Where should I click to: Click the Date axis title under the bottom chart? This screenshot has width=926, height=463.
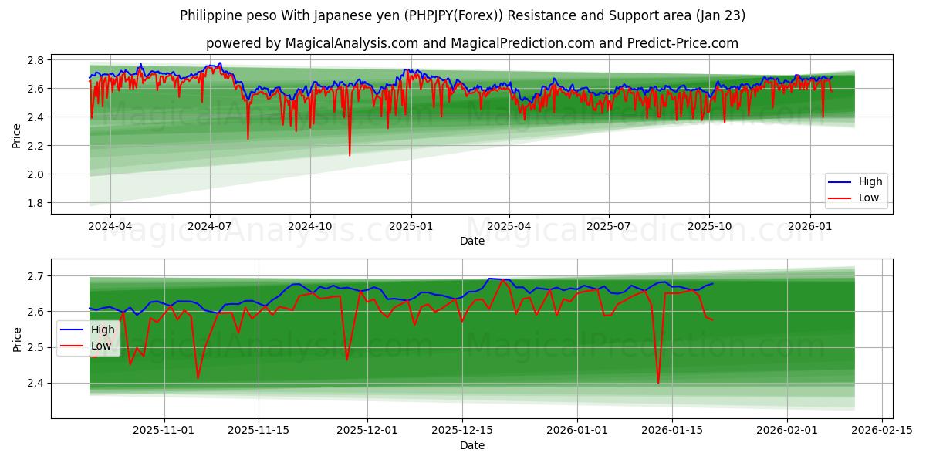point(472,446)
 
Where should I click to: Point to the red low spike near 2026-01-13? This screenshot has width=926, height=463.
point(658,382)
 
